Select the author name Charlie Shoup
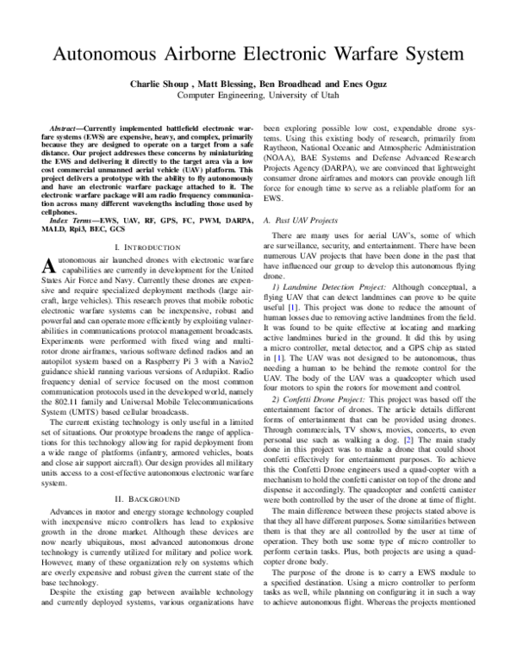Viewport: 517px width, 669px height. coord(160,84)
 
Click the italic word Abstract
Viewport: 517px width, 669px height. coord(65,127)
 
